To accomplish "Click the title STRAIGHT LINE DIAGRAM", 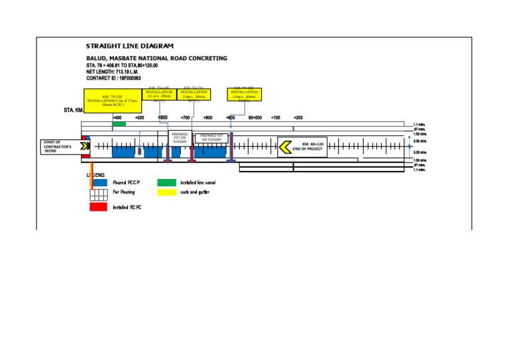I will [x=130, y=46].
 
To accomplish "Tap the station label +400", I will [x=117, y=117].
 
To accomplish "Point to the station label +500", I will [x=139, y=117].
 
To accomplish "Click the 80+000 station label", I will [x=254, y=117].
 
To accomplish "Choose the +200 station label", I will [x=298, y=117].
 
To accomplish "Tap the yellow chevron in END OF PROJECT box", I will [x=285, y=147].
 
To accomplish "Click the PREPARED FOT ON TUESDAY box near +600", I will [x=180, y=138].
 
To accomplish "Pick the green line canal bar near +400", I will [x=119, y=124].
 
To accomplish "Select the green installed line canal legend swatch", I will [x=166, y=182].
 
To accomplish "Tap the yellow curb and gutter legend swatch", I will [x=166, y=192].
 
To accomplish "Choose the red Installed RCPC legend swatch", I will [x=98, y=207].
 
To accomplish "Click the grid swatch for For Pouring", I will [x=99, y=194].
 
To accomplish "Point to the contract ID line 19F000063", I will [x=113, y=78].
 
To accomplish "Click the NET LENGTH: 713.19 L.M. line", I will [x=119, y=72].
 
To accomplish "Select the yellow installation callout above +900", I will [x=245, y=94].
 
